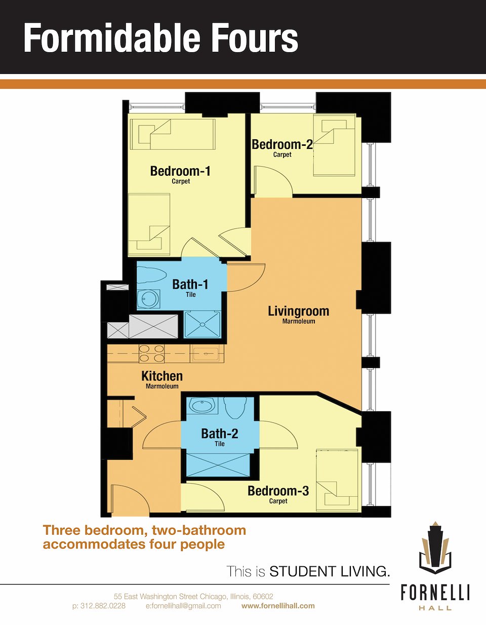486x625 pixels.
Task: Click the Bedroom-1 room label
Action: coord(180,171)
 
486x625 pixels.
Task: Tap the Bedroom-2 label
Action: coord(282,144)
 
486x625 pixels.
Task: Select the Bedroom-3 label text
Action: coord(278,491)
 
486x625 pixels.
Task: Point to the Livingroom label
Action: coord(298,311)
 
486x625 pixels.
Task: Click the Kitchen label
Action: coord(162,376)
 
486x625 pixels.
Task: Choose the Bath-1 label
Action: coord(190,285)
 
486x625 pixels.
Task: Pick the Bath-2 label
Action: coord(220,434)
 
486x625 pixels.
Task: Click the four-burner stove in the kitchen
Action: coord(151,354)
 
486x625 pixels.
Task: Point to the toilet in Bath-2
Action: coord(236,408)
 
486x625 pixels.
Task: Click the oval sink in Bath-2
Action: coord(202,406)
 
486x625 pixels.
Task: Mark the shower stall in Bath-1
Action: coord(202,325)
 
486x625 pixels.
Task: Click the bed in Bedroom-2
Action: coord(335,145)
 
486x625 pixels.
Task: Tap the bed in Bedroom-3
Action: coord(337,480)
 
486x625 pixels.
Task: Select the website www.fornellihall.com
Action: coord(278,606)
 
